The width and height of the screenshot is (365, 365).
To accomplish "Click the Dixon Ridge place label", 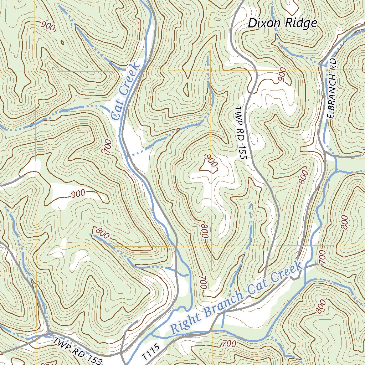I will [x=282, y=24].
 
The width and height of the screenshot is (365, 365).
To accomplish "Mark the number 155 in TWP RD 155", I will [x=239, y=152].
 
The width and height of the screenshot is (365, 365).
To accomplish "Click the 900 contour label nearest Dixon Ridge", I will [x=282, y=74].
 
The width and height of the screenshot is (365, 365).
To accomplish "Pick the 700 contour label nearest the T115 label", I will [x=228, y=344].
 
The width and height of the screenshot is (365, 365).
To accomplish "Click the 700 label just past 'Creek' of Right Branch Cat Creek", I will [x=322, y=257].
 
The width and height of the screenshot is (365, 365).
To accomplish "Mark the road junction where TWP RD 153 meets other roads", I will [x=47, y=334].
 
